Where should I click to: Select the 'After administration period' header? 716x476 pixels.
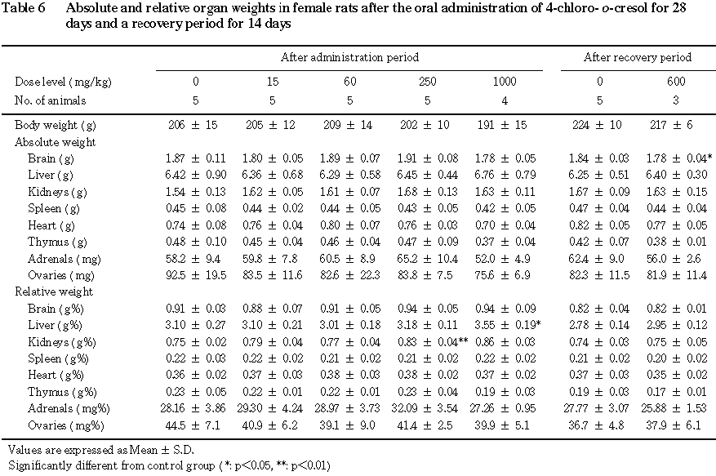point(349,57)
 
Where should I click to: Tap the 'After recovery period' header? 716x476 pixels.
point(638,57)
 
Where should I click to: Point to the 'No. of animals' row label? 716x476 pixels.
point(51,100)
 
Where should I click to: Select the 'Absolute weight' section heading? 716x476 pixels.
point(51,141)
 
